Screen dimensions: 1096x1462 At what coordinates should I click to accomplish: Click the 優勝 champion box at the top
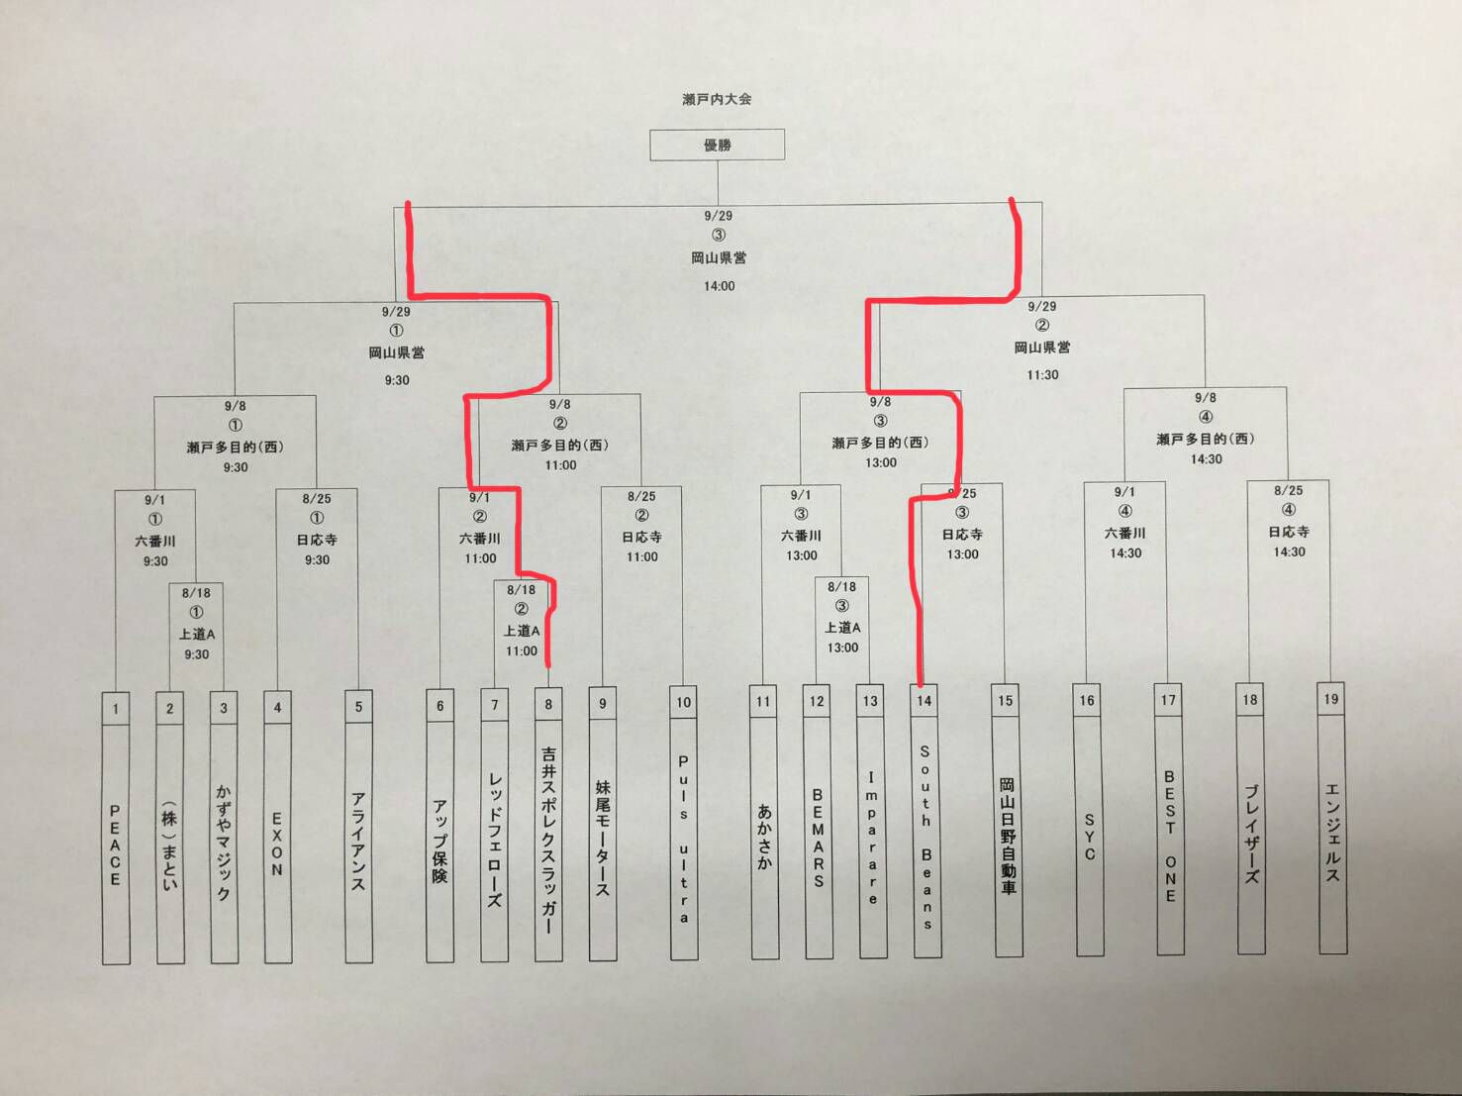[x=717, y=145]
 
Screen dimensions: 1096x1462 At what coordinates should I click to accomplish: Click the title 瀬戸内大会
[x=717, y=99]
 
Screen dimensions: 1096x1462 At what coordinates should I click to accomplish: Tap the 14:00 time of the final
[x=719, y=286]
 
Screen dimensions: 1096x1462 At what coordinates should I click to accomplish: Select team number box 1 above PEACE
[x=116, y=708]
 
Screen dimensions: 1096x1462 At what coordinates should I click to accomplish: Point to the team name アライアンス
[x=358, y=842]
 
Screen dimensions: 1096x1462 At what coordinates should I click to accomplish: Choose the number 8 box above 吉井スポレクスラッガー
[x=548, y=704]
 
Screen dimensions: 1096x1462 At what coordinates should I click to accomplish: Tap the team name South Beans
[x=926, y=837]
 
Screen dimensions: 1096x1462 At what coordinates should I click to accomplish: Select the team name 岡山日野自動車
[x=1007, y=837]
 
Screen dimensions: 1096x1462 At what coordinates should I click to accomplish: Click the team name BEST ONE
[x=1170, y=836]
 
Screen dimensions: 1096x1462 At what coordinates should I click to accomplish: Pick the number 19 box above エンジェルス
[x=1330, y=699]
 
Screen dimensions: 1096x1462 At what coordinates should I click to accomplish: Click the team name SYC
[x=1089, y=837]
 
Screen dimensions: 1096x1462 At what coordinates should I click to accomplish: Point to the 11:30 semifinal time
[x=1042, y=375]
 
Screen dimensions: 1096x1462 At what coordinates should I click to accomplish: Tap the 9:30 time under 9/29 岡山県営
[x=397, y=380]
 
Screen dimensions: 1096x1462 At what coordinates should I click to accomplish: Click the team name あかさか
[x=764, y=837]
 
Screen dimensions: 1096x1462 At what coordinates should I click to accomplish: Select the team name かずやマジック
[x=224, y=842]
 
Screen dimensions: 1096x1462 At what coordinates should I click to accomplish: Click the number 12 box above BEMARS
[x=817, y=701]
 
